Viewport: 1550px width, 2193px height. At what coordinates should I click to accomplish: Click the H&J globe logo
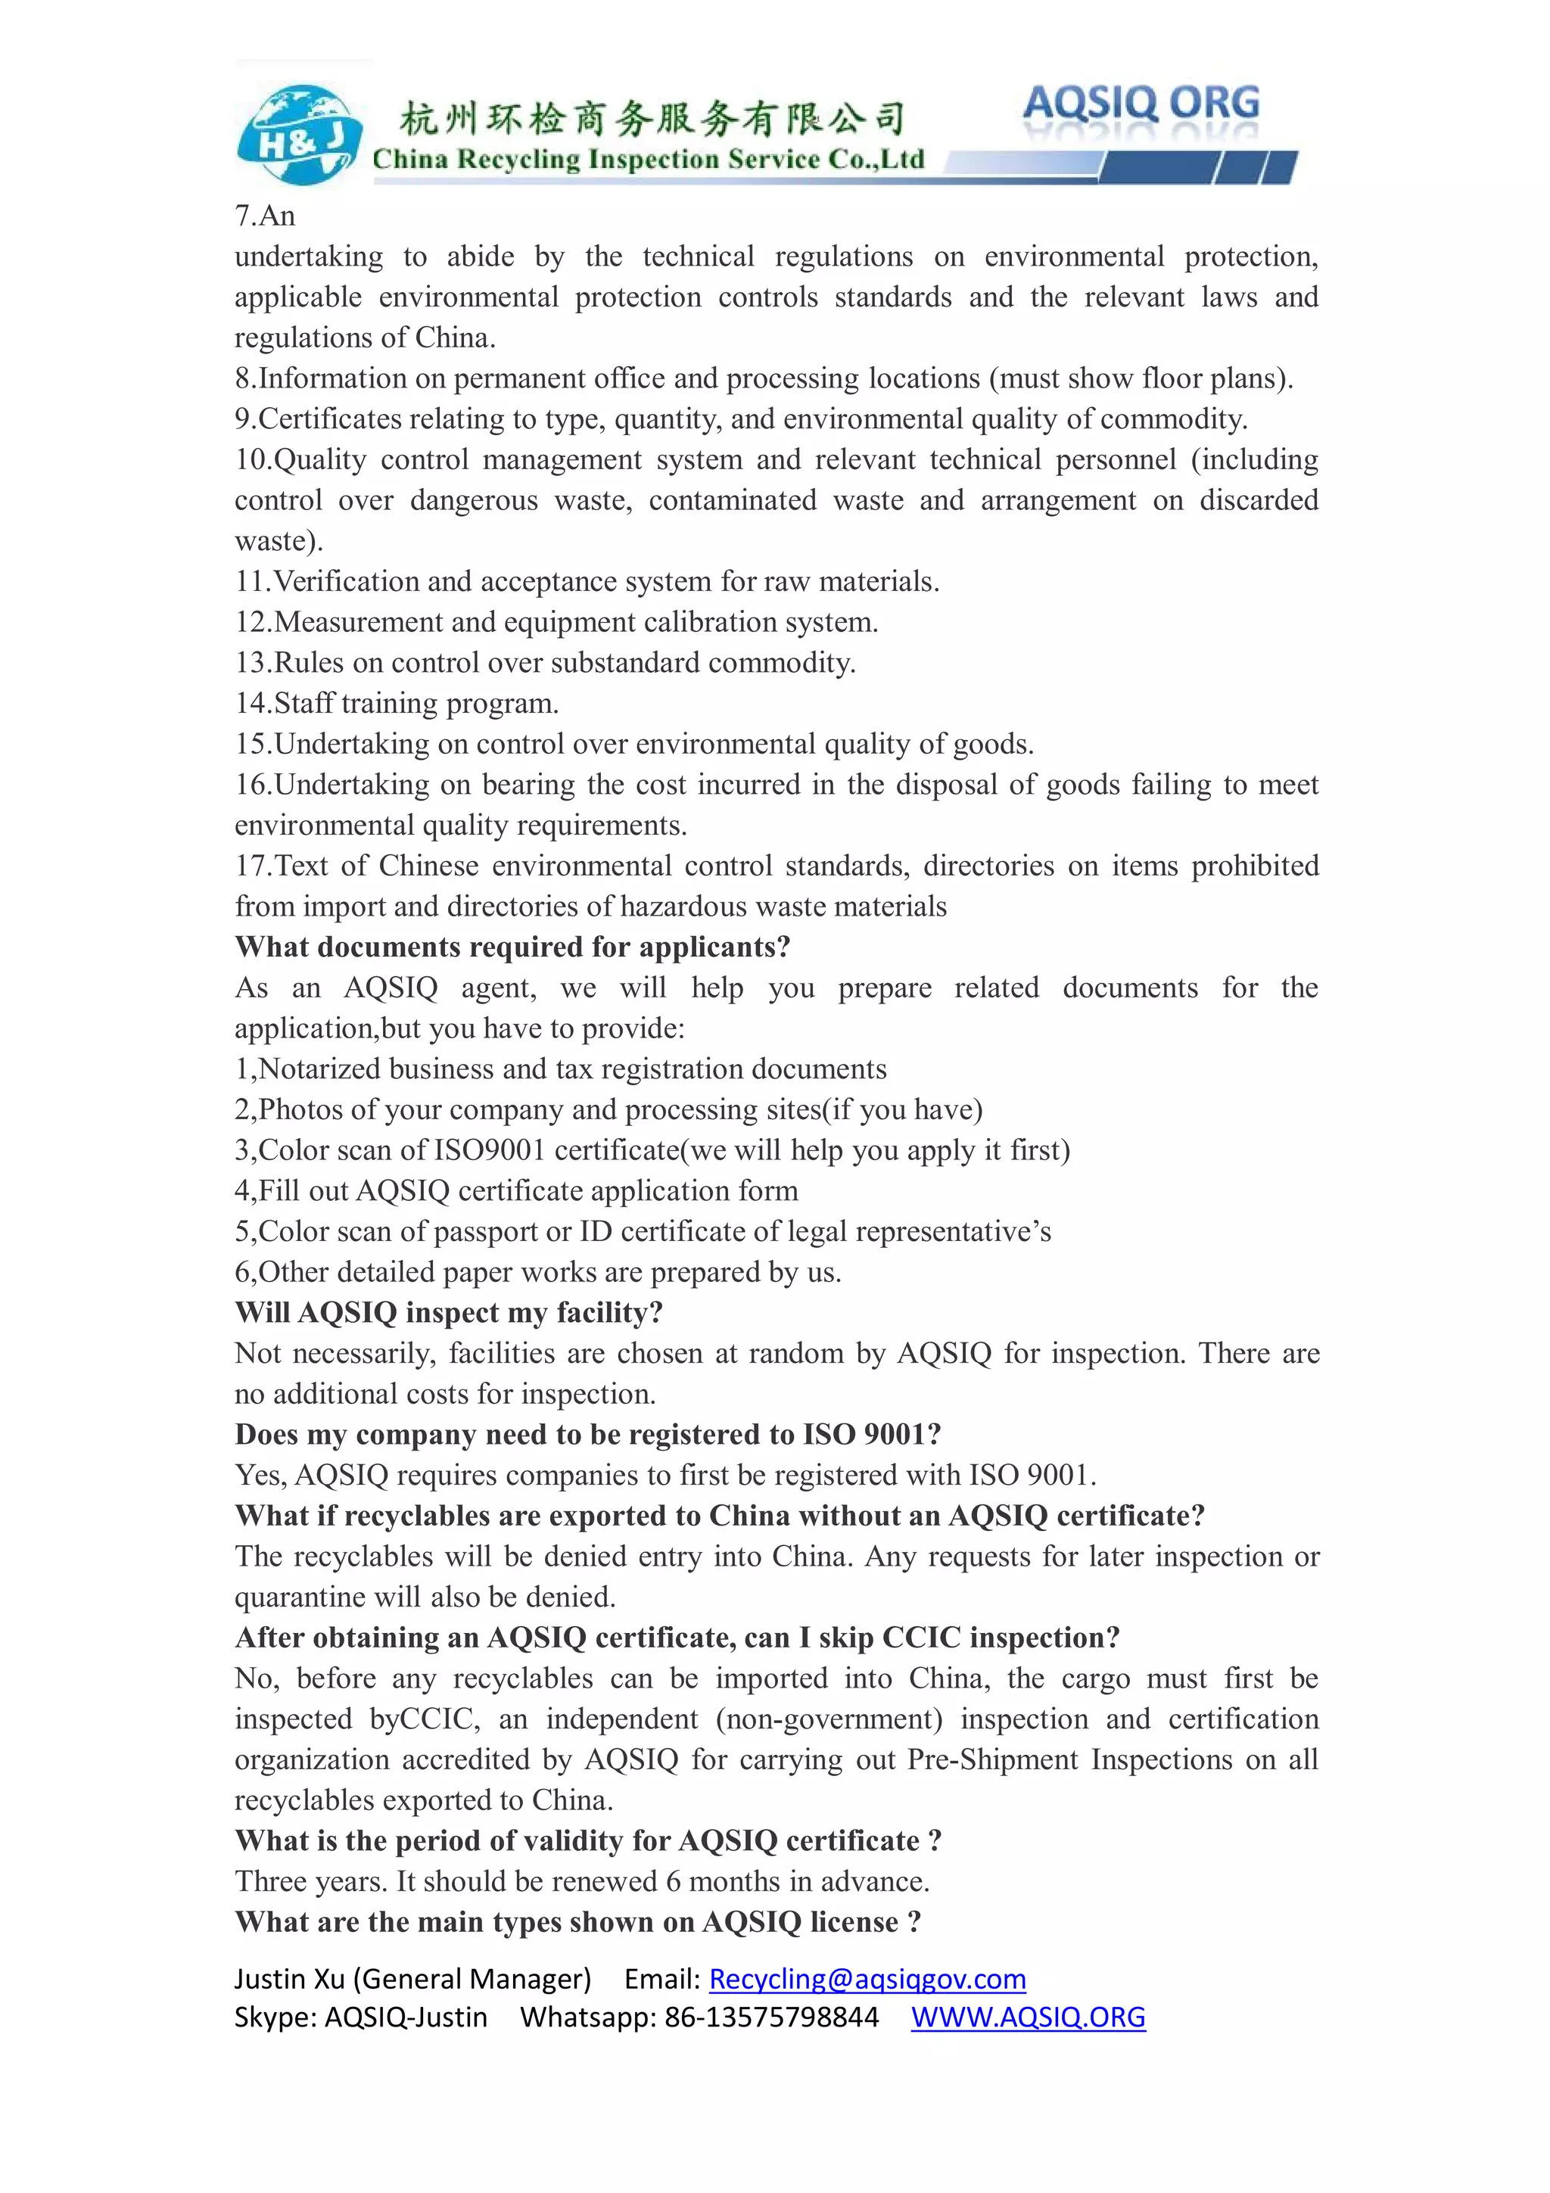[299, 135]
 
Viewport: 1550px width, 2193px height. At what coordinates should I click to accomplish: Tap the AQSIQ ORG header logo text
[1141, 103]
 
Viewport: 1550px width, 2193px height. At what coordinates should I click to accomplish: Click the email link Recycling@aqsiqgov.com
[867, 1978]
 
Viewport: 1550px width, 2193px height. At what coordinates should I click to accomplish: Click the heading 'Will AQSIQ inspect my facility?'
[449, 1312]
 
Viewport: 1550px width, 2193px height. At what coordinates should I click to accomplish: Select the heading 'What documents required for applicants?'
[513, 947]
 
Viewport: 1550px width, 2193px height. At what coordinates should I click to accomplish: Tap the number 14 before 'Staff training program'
[252, 703]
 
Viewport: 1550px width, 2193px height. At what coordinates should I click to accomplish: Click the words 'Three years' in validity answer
[311, 1882]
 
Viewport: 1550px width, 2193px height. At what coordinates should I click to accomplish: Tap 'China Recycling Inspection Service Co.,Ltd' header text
[648, 160]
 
